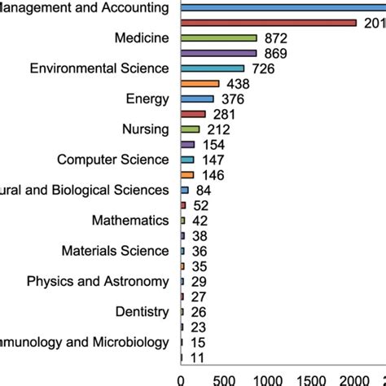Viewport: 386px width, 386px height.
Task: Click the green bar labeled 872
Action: click(x=218, y=37)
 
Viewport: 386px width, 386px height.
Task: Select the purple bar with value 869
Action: click(x=218, y=53)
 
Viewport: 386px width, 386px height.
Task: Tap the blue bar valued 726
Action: click(x=212, y=68)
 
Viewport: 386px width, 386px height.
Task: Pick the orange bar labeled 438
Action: click(x=200, y=83)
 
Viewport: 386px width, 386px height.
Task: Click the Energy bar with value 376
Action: click(x=197, y=99)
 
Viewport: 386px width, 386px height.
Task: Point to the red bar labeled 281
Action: click(x=193, y=114)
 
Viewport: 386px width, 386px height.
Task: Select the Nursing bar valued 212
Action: click(x=190, y=129)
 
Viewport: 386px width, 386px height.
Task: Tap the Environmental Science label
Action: click(x=99, y=68)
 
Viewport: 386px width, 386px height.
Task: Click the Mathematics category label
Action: click(x=131, y=220)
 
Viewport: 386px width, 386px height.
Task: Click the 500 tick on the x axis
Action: click(x=224, y=379)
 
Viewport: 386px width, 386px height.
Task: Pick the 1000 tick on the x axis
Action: click(x=268, y=379)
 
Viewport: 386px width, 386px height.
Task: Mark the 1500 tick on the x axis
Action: click(x=311, y=379)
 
